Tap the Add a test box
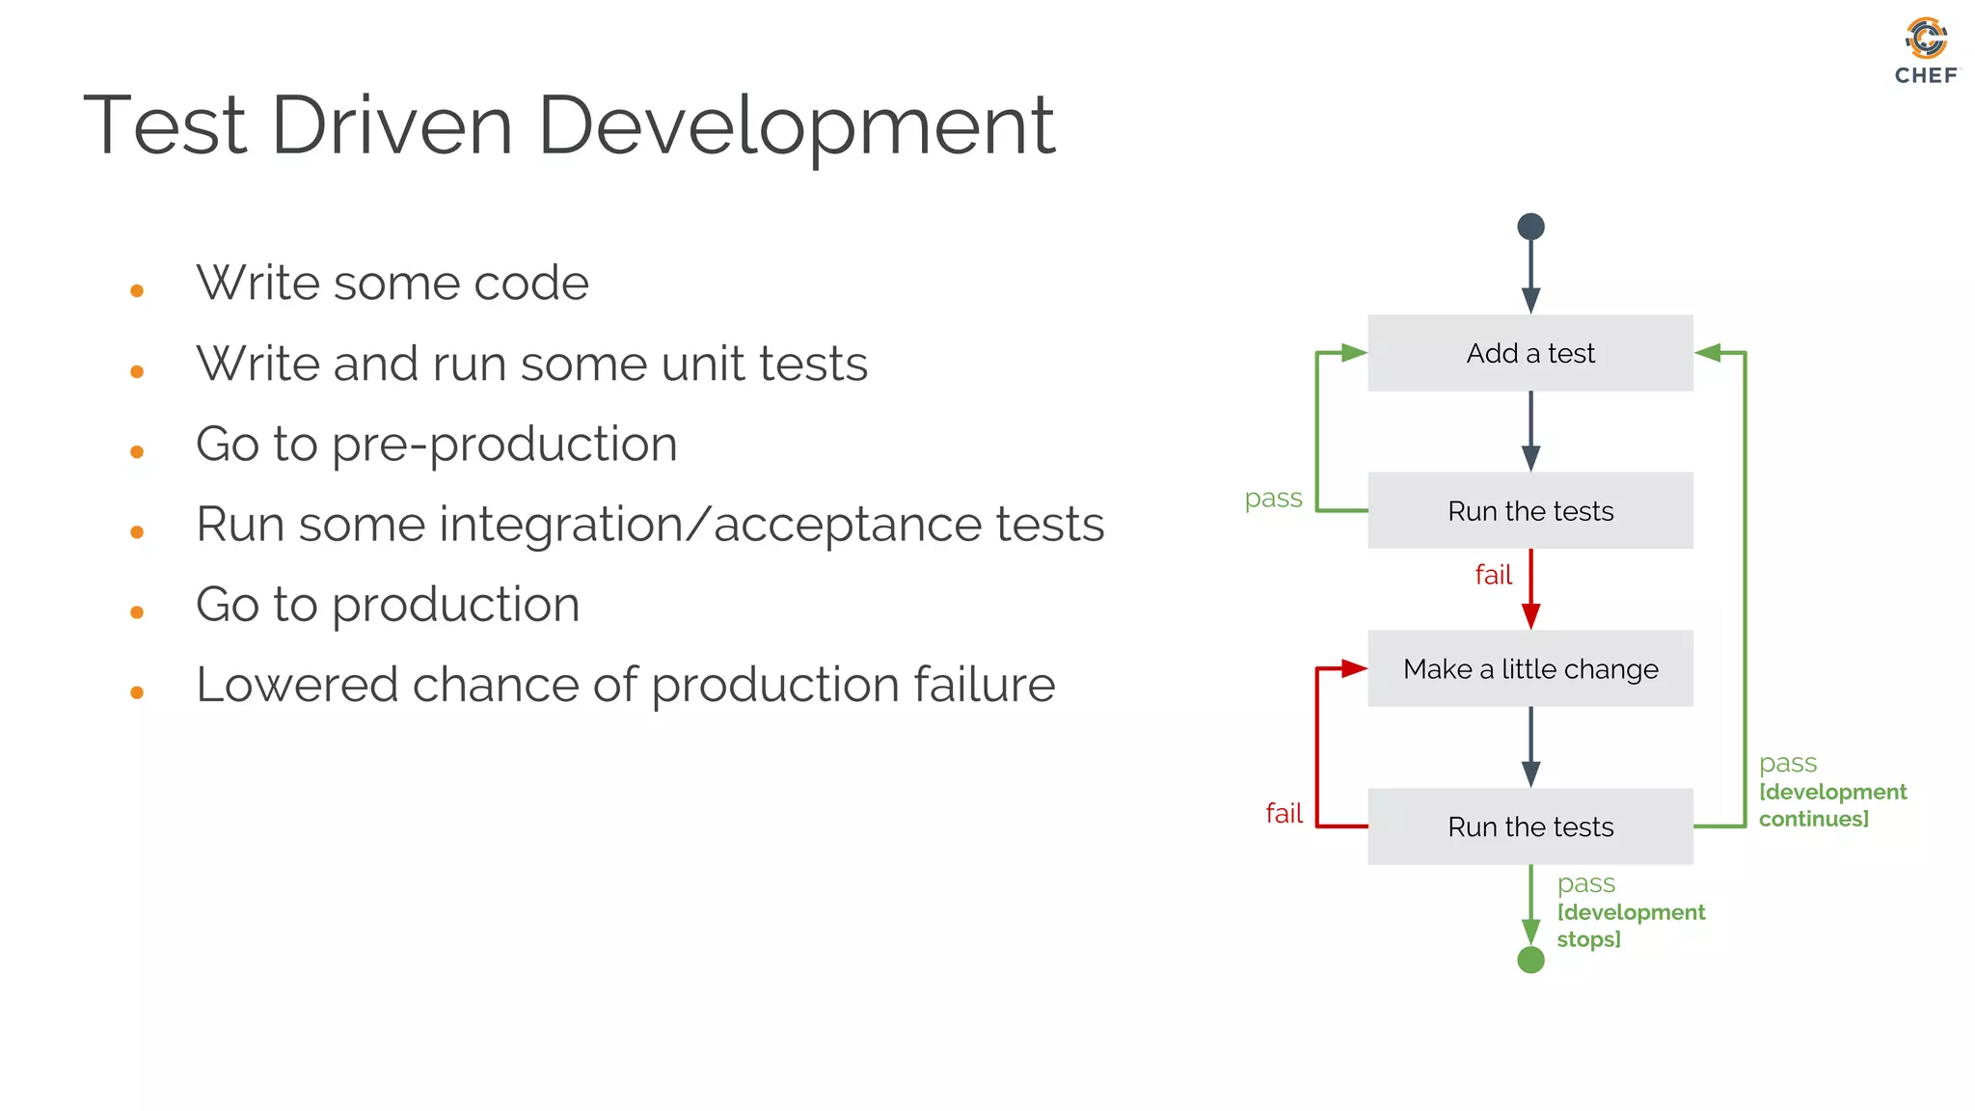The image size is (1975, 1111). (x=1529, y=353)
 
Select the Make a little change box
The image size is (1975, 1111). (x=1529, y=668)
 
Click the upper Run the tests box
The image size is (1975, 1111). (x=1529, y=510)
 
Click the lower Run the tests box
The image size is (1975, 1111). (x=1529, y=826)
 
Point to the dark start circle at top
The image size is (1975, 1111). (x=1530, y=227)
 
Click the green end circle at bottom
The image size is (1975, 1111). (x=1530, y=960)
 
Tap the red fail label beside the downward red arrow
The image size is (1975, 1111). (x=1493, y=575)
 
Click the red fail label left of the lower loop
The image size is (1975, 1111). (x=1284, y=813)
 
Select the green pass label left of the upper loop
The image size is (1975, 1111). (x=1273, y=499)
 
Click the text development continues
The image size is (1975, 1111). (x=1831, y=805)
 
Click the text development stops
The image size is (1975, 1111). (x=1630, y=926)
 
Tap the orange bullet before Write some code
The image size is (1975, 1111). (x=137, y=290)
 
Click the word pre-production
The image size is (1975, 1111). (x=504, y=445)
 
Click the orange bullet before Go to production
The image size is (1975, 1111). (x=137, y=612)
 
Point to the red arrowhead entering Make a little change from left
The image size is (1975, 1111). (x=1354, y=668)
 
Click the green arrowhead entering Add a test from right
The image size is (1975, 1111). (x=1708, y=353)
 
